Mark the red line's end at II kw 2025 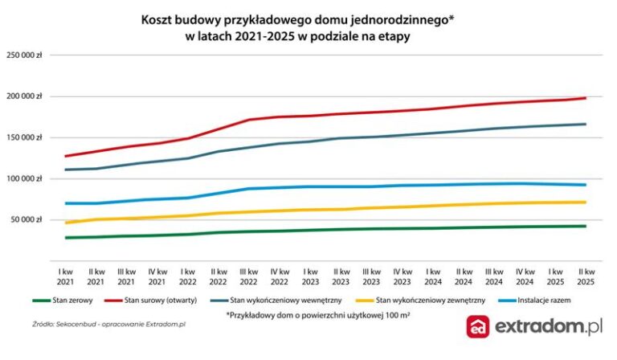point(585,98)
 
